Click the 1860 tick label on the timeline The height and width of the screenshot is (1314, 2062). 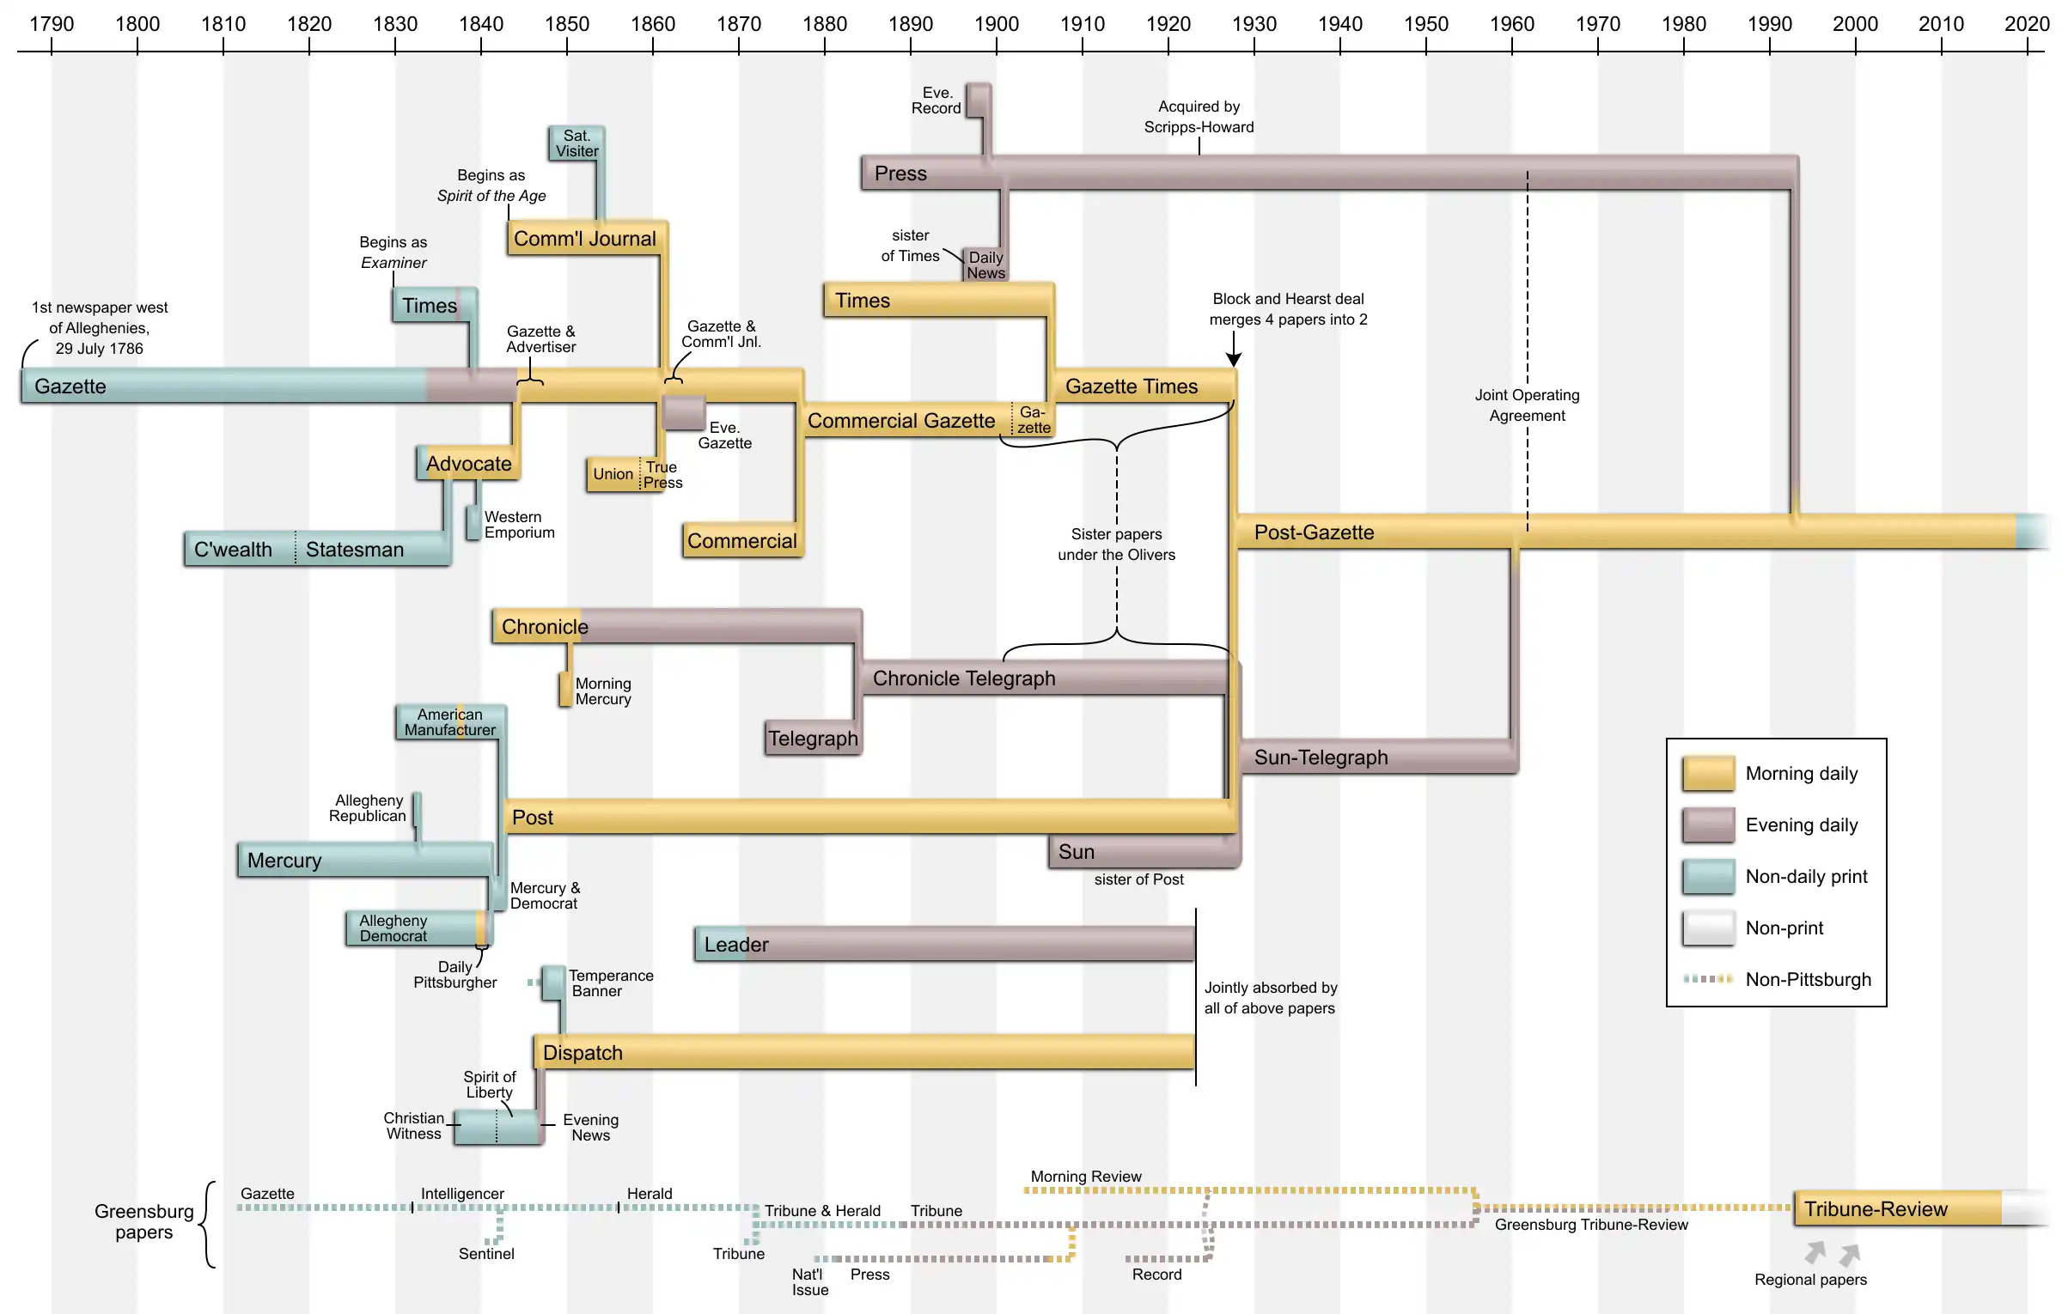point(653,24)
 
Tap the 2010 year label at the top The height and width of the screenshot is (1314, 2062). point(1941,24)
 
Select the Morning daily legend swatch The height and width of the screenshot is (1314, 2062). point(1708,774)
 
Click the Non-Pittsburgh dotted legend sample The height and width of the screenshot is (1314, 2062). point(1708,979)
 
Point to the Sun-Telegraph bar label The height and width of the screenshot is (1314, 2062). point(1321,757)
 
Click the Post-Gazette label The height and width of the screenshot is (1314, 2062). point(1314,532)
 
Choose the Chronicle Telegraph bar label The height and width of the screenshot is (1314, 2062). point(964,678)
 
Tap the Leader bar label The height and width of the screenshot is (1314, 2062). point(736,945)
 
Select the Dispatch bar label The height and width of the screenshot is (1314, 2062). point(583,1053)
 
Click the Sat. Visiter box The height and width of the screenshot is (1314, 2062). point(577,143)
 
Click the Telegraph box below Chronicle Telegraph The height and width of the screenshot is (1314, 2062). point(813,739)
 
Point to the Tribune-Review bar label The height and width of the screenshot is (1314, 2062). point(1876,1209)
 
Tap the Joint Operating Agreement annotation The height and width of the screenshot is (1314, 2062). point(1527,405)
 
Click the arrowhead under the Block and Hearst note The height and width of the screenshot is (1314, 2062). point(1234,360)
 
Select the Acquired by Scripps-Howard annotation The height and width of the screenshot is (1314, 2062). point(1199,117)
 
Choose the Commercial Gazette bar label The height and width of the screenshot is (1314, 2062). point(901,421)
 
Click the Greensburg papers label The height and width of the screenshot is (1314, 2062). point(144,1221)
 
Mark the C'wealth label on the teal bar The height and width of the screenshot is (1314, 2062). point(233,550)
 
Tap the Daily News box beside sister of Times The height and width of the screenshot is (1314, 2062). point(985,265)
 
